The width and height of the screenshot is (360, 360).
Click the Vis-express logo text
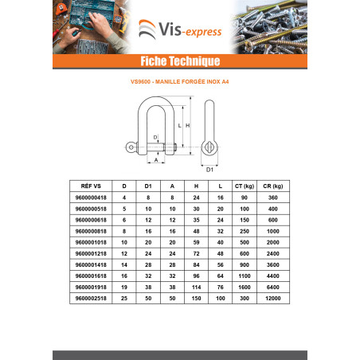click(x=190, y=29)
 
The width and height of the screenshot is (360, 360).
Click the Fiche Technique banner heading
click(x=180, y=61)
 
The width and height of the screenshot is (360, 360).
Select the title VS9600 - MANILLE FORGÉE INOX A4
click(x=180, y=82)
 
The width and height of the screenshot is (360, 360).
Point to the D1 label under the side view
click(x=209, y=170)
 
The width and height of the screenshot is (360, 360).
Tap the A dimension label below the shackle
click(x=156, y=160)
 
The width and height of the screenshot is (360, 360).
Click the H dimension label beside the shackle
click(x=188, y=125)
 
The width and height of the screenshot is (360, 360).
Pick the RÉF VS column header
click(x=91, y=186)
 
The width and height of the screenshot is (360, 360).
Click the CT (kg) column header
click(x=245, y=186)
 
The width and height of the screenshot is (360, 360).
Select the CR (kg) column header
click(x=273, y=186)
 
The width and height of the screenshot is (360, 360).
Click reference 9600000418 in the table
click(x=91, y=198)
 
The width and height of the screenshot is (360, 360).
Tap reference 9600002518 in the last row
click(x=91, y=298)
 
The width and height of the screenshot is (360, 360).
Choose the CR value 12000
click(x=273, y=298)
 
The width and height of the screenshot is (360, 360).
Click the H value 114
click(x=196, y=287)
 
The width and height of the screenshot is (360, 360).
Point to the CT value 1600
click(x=245, y=287)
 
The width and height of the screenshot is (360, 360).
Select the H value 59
click(x=196, y=242)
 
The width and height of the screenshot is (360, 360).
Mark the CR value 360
click(x=273, y=198)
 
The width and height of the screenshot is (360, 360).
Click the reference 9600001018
click(x=91, y=242)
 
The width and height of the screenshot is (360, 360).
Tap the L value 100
click(x=221, y=298)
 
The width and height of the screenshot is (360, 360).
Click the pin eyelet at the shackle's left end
click(x=131, y=147)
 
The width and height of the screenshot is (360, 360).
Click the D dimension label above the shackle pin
click(x=155, y=137)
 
